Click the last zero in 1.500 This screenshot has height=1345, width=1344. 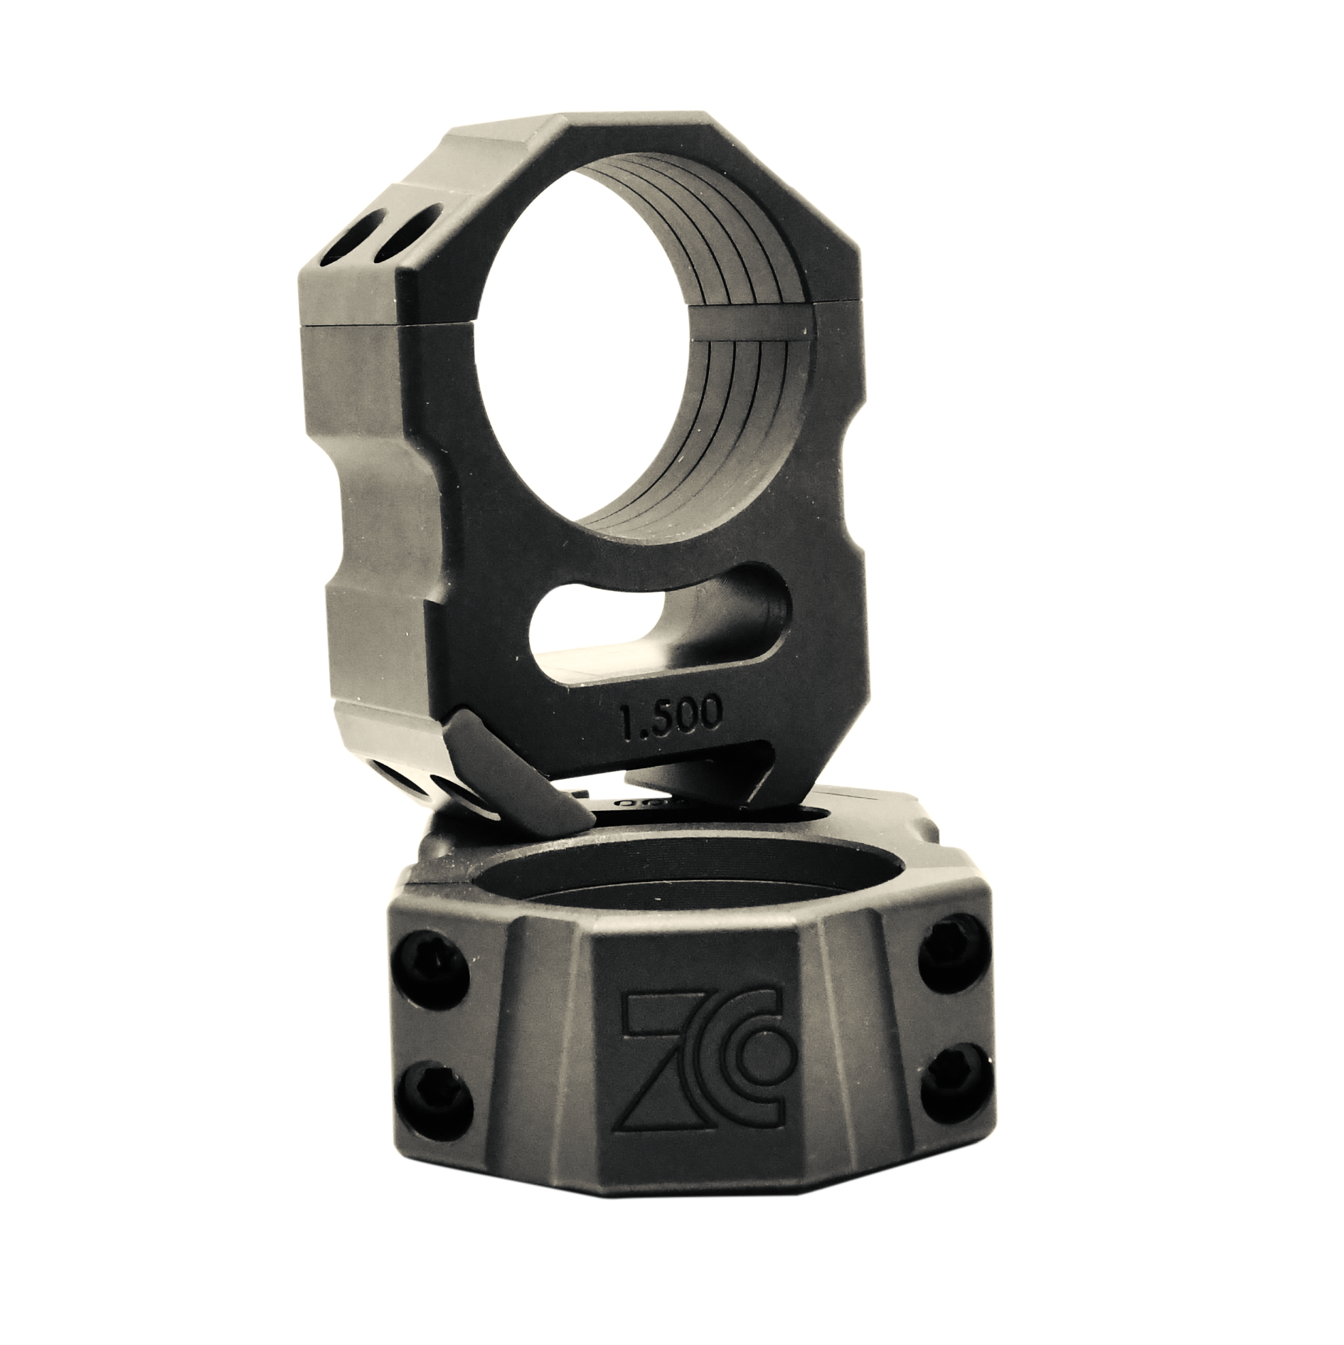(713, 714)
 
